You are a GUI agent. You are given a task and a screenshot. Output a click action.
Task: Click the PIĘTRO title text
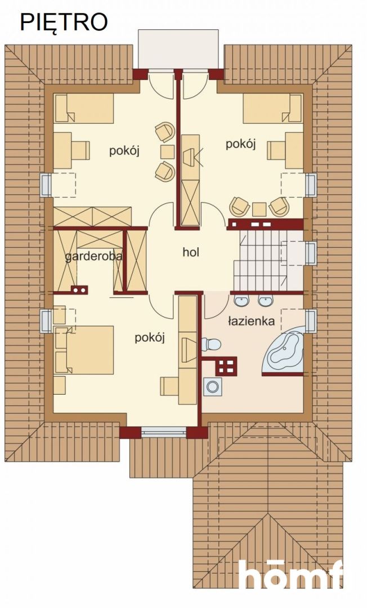[x=64, y=22]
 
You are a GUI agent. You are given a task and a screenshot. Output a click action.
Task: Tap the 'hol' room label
[x=191, y=252]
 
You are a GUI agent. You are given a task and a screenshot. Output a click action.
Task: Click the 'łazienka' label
[x=251, y=321]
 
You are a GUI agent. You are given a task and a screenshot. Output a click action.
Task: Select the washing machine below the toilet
[x=213, y=387]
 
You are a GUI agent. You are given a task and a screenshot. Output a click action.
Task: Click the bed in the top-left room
[x=84, y=108]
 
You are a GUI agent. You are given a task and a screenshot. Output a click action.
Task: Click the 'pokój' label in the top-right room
[x=240, y=144]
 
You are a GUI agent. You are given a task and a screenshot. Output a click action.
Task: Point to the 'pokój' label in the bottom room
[x=149, y=337]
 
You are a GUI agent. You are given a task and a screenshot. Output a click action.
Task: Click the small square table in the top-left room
[x=167, y=152]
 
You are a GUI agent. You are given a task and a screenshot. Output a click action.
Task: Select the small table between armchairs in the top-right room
[x=259, y=209]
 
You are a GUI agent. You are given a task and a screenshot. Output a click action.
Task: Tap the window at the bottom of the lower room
[x=163, y=432]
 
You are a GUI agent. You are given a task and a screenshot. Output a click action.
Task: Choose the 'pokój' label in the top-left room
[x=124, y=151]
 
